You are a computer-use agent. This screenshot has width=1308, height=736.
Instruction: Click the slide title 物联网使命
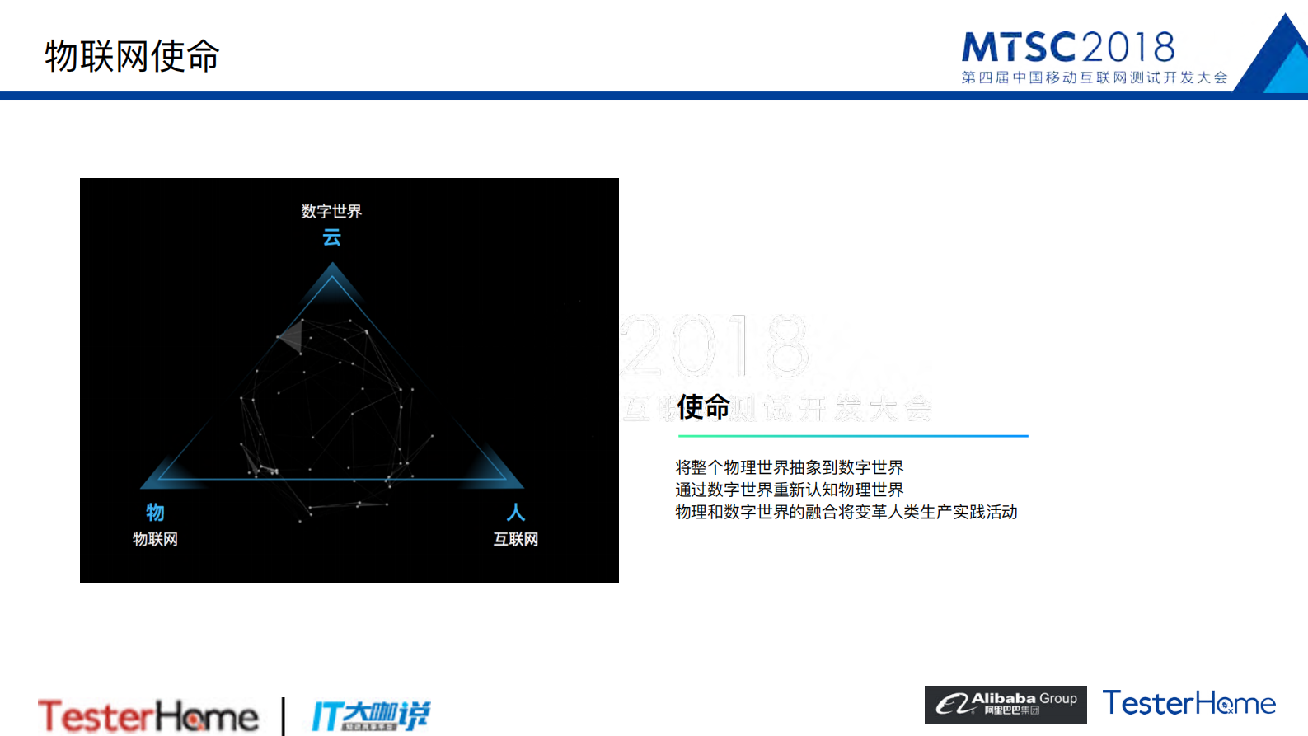pyautogui.click(x=132, y=56)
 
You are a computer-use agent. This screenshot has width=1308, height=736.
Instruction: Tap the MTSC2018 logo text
pyautogui.click(x=1068, y=48)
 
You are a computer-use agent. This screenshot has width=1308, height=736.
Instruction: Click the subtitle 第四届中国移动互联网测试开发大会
pyautogui.click(x=1094, y=77)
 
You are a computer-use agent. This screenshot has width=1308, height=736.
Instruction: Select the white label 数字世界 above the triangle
pyautogui.click(x=331, y=211)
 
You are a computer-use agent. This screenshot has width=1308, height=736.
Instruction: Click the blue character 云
pyautogui.click(x=331, y=237)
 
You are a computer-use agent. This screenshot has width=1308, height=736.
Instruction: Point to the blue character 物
pyautogui.click(x=155, y=513)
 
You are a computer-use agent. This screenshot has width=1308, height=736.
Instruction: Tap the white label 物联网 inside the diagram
pyautogui.click(x=155, y=539)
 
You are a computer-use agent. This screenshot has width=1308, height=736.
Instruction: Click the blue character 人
pyautogui.click(x=516, y=513)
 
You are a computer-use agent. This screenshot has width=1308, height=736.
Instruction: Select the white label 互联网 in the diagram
pyautogui.click(x=516, y=539)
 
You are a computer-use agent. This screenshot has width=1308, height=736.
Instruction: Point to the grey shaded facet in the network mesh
pyautogui.click(x=291, y=336)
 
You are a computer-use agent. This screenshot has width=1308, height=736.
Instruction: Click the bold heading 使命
pyautogui.click(x=703, y=406)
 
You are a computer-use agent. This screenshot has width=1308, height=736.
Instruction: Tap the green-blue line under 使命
pyautogui.click(x=853, y=435)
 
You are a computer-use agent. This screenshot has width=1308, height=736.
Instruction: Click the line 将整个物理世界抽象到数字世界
pyautogui.click(x=789, y=467)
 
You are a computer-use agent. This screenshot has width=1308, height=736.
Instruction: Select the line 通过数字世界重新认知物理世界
pyautogui.click(x=789, y=490)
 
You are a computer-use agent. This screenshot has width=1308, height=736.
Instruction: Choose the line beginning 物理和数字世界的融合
pyautogui.click(x=846, y=512)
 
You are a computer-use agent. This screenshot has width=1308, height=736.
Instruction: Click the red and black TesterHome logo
pyautogui.click(x=148, y=715)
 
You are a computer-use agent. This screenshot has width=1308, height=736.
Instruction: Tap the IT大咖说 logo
pyautogui.click(x=370, y=715)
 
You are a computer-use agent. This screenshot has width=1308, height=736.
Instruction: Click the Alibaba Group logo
pyautogui.click(x=1006, y=705)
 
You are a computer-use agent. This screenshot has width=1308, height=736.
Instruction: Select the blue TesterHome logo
pyautogui.click(x=1188, y=703)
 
